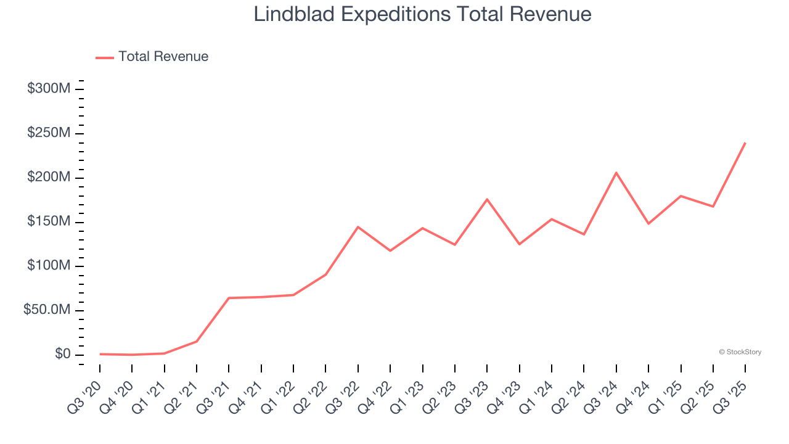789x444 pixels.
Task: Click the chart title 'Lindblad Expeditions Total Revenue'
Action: point(422,14)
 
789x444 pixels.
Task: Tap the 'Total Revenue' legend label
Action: point(163,57)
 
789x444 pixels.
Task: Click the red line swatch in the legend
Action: point(105,57)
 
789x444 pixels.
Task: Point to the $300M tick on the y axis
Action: point(49,89)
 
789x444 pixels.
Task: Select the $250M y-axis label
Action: point(49,133)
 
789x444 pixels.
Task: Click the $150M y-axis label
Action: point(49,222)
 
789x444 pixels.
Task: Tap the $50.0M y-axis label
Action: point(47,310)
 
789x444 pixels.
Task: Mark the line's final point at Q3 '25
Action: point(745,143)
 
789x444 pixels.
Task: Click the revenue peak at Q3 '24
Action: point(616,173)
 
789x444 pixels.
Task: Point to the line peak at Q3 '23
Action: point(487,199)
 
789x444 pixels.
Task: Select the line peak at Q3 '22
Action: point(358,227)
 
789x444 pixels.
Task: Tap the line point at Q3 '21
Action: point(229,298)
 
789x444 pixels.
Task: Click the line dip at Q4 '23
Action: point(520,244)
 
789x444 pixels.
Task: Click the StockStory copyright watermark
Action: point(740,352)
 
